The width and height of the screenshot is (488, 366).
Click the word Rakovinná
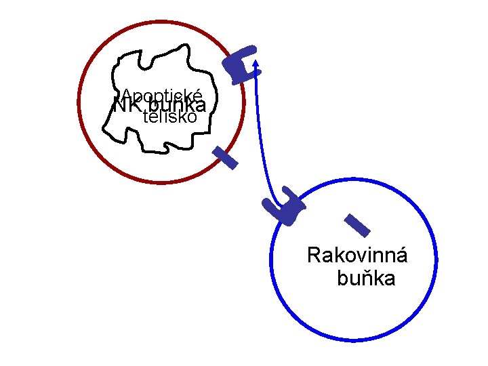click(357, 256)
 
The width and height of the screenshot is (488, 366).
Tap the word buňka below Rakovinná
click(366, 279)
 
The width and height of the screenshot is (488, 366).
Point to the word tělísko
click(170, 117)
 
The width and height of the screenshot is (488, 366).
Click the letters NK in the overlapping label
click(123, 107)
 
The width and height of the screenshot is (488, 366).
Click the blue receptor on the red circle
click(242, 64)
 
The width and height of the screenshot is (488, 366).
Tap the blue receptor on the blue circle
click(287, 207)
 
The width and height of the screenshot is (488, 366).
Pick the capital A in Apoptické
click(126, 96)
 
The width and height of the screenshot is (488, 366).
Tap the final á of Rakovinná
click(401, 256)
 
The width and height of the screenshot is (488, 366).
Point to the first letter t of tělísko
click(146, 117)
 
